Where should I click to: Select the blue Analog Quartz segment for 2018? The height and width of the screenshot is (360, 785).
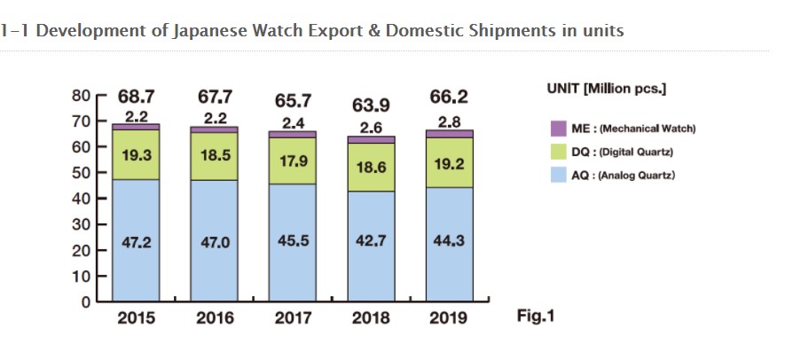point(371,257)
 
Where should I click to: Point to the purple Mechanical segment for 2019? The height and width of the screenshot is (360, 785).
point(449,134)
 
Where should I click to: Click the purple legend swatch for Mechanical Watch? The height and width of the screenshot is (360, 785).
point(558,129)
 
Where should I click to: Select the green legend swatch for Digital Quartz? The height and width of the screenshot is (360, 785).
point(558,152)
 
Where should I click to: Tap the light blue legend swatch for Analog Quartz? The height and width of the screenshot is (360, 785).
point(558,176)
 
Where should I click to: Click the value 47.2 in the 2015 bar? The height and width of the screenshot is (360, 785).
point(137,241)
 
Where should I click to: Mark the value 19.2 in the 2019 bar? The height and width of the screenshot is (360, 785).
point(449,165)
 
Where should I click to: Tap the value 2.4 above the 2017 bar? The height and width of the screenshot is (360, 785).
point(293,122)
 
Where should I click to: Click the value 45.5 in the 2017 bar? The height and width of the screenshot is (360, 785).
point(293,241)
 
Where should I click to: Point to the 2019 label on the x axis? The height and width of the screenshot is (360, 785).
point(449,318)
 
